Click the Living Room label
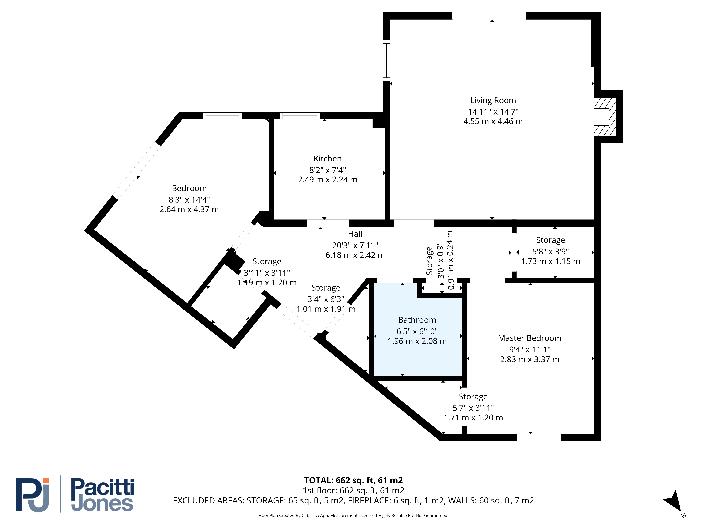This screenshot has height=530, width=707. click(x=493, y=100)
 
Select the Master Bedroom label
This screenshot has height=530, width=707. click(x=530, y=338)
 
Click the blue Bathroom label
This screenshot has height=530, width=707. click(x=417, y=320)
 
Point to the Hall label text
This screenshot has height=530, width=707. click(x=355, y=234)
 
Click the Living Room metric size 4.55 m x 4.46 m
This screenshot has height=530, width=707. click(x=493, y=121)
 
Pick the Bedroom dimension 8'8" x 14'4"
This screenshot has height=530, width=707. click(x=189, y=200)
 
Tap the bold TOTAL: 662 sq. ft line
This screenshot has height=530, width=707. click(x=353, y=480)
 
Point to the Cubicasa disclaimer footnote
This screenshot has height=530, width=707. click(x=353, y=515)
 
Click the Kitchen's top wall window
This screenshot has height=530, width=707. click(x=300, y=116)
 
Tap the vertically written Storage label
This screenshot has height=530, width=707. click(x=429, y=261)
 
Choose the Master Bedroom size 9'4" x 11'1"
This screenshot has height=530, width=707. click(x=530, y=349)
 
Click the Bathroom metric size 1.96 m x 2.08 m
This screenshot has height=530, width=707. click(x=417, y=341)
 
